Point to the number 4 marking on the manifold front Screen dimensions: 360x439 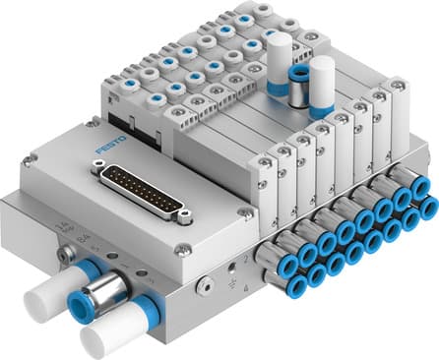coord(244,286)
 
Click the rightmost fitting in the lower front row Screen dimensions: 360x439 coord(426,210)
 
